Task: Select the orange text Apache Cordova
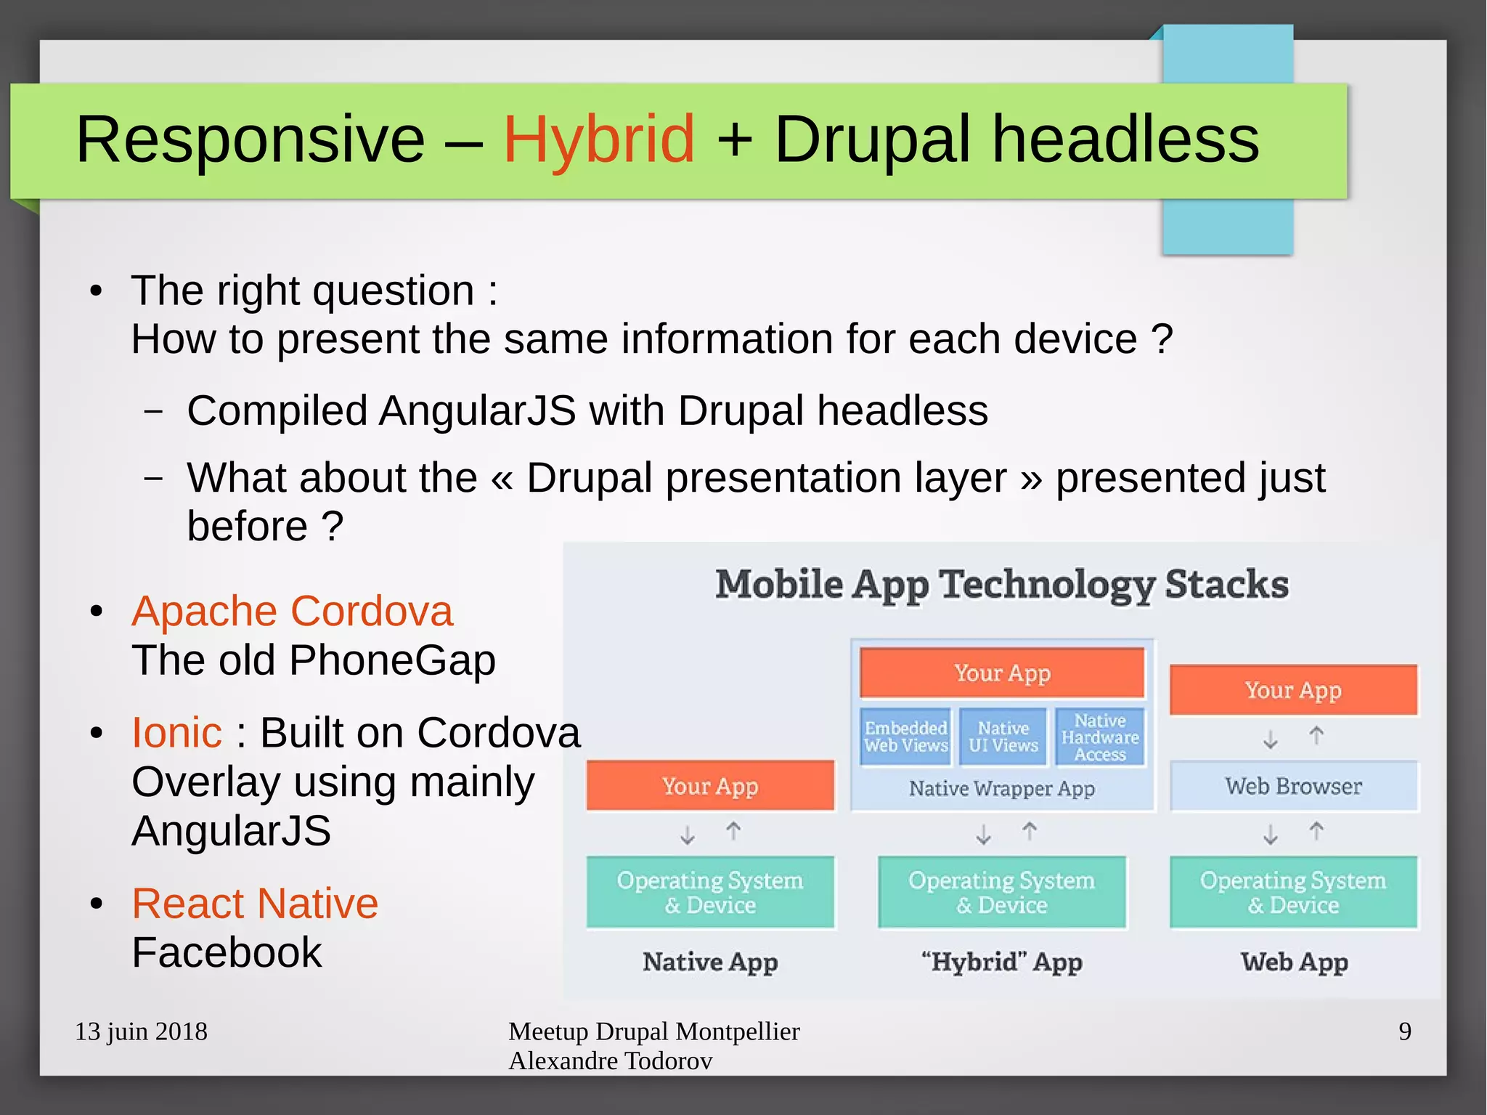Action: click(292, 611)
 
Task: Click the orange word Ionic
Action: click(176, 732)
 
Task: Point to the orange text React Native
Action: click(255, 904)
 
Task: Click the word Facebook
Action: click(227, 952)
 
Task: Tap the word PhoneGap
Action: click(392, 660)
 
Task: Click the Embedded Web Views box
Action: click(905, 737)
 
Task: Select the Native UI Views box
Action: click(1003, 737)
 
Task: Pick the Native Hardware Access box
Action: click(1100, 737)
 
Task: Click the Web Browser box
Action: click(1293, 786)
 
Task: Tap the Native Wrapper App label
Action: click(1001, 789)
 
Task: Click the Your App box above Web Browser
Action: click(1293, 690)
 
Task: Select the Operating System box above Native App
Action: click(710, 893)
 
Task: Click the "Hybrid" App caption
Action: click(1001, 962)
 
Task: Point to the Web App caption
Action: click(1294, 962)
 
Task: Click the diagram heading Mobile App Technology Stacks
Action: click(1002, 584)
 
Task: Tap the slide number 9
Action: click(1405, 1031)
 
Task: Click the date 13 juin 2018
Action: click(142, 1031)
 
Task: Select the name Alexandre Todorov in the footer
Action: click(610, 1061)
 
